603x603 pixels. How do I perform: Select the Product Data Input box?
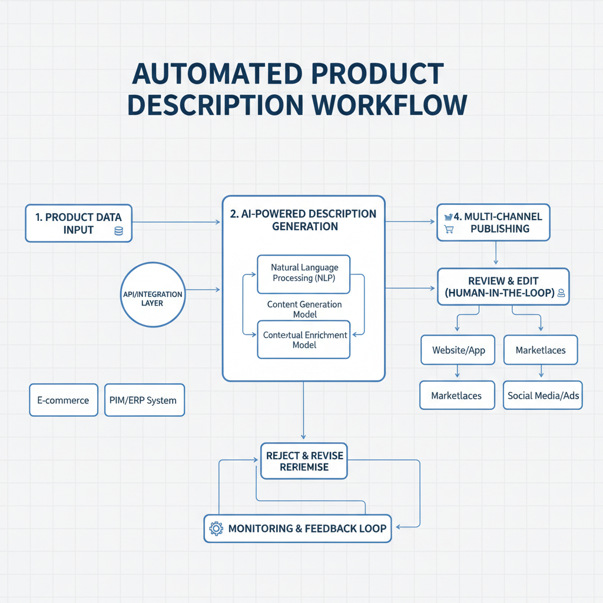78,223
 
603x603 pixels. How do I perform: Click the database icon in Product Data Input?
118,231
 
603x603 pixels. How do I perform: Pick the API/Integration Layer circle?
153,294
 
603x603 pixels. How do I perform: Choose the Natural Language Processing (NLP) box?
303,273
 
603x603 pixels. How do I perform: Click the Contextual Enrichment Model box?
303,339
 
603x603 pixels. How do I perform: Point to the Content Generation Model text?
304,309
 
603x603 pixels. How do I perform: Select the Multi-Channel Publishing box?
493,223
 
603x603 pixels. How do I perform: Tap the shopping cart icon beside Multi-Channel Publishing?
449,230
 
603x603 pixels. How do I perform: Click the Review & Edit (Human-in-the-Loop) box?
503,287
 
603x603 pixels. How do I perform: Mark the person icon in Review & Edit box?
561,293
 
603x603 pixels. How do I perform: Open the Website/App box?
458,350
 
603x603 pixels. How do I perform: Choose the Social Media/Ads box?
543,396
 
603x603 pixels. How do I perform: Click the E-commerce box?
63,400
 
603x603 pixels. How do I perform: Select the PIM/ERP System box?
143,400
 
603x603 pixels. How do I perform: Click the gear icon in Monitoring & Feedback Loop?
216,528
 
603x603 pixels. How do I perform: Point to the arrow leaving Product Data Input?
177,223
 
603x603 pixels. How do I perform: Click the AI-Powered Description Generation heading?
303,220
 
